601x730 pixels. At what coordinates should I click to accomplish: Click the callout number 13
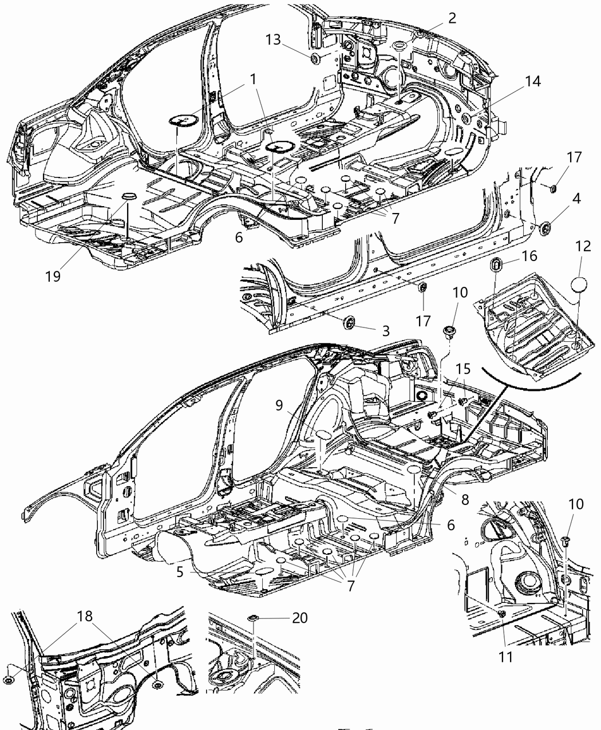(x=274, y=39)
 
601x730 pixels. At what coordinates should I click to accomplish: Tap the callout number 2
(x=452, y=18)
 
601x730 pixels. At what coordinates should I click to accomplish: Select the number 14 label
(x=532, y=81)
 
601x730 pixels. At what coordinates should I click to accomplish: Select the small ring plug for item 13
(x=315, y=58)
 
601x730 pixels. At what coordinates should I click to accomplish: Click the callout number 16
(x=529, y=255)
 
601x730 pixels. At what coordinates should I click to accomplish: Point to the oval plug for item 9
(x=322, y=436)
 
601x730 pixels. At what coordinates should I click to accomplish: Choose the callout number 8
(x=464, y=499)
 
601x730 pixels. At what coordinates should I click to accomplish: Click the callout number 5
(x=180, y=572)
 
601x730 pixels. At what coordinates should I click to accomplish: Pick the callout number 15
(x=463, y=369)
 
